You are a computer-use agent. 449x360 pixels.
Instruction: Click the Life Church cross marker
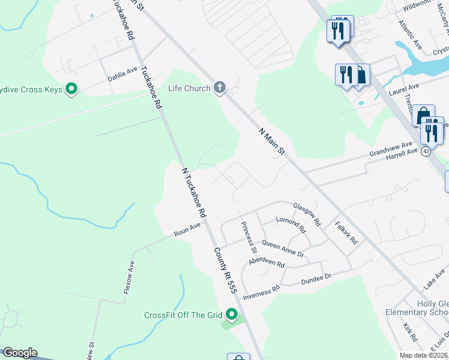point(220,89)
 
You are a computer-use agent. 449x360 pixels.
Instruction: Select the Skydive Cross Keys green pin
point(71,90)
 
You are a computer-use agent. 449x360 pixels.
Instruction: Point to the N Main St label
point(271,142)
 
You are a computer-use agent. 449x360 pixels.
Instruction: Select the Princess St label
point(249,237)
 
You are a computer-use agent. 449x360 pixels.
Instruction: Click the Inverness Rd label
point(262,291)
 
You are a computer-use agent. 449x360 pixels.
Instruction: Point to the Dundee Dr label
point(316,279)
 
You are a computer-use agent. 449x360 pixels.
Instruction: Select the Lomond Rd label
point(291,224)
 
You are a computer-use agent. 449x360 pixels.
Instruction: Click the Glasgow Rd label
point(307,214)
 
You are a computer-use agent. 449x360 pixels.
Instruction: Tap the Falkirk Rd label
point(346,232)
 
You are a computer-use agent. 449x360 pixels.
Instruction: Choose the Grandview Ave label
point(391,148)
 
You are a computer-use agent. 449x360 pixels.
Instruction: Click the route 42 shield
point(426,151)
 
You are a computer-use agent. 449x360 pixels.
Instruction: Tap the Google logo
point(19,353)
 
